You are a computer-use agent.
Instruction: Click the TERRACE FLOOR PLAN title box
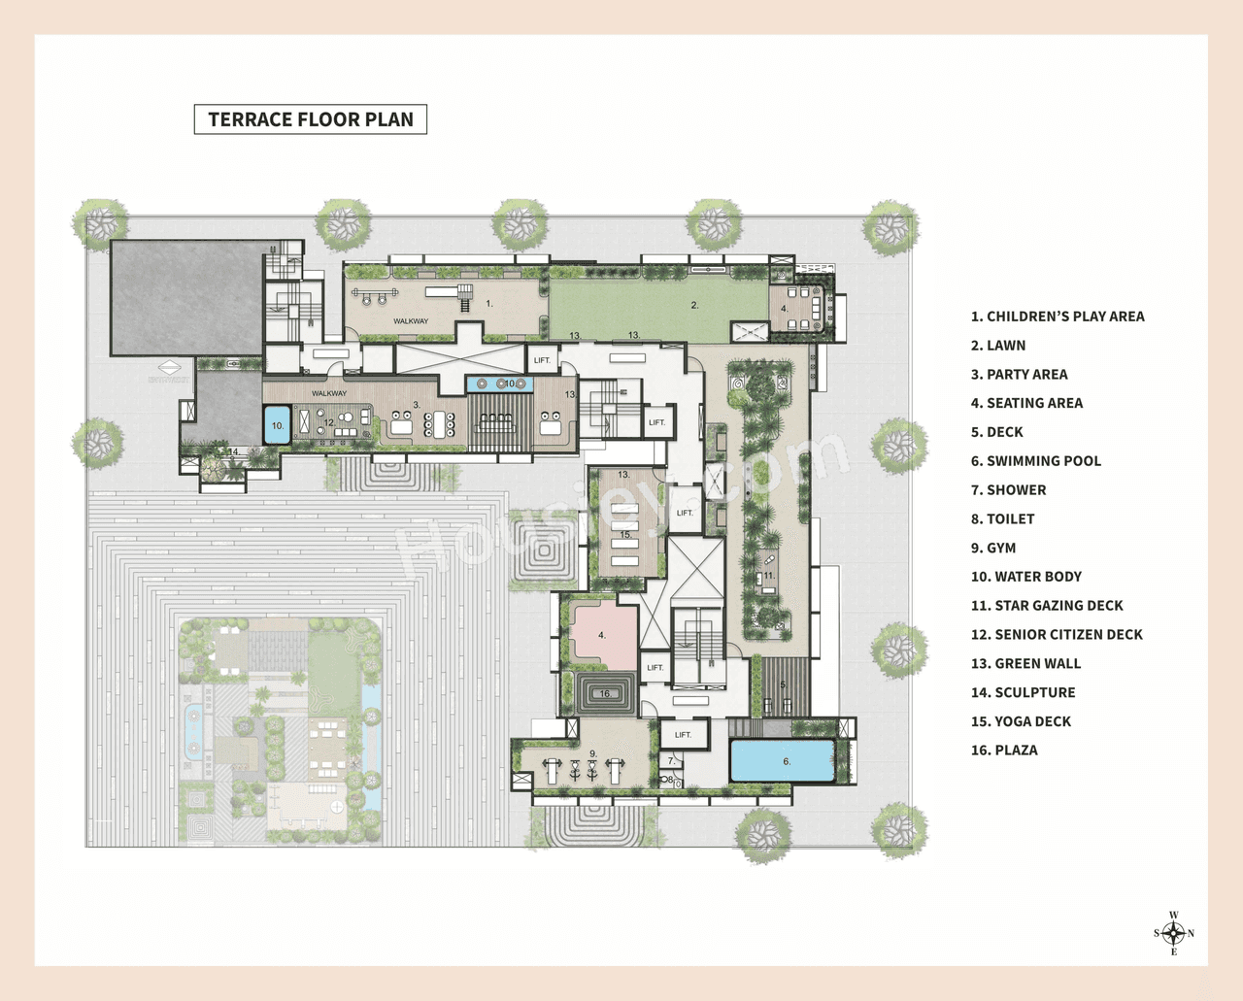(311, 119)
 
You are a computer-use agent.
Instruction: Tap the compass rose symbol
(1173, 934)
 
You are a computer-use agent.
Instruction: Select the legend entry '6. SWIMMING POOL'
(1035, 461)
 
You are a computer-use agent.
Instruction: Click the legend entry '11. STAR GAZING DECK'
(1047, 606)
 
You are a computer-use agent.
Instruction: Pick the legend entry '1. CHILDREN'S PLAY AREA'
(1058, 317)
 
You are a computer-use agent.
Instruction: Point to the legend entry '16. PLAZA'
(1004, 751)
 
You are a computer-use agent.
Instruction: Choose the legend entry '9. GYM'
(993, 548)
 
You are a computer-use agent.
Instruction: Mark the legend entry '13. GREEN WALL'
(1025, 664)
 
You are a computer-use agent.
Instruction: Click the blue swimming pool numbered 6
(782, 761)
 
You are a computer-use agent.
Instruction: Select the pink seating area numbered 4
(602, 636)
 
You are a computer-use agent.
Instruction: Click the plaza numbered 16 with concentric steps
(606, 694)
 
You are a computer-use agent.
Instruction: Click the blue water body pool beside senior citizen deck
(278, 425)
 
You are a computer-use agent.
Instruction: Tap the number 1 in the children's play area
(489, 304)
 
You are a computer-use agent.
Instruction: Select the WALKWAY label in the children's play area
(411, 321)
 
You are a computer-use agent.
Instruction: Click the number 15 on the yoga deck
(626, 535)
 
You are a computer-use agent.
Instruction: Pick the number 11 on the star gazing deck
(769, 576)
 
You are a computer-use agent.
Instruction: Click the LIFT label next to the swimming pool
(684, 735)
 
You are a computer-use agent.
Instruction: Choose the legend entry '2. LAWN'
(998, 346)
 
